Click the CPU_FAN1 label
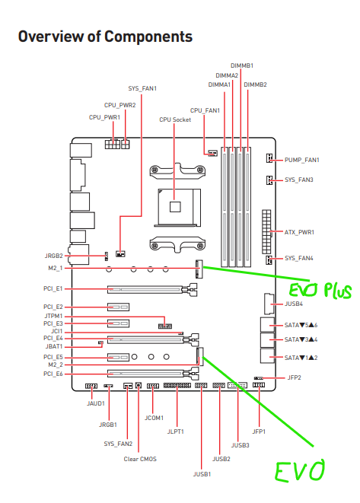pos(205,110)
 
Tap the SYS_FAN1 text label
pos(142,88)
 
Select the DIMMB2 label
pos(256,84)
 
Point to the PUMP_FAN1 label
pos(302,160)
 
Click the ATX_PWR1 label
pos(299,232)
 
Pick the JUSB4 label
pos(294,304)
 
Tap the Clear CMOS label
pos(140,459)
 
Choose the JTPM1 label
pos(53,317)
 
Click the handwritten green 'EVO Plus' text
pos(320,291)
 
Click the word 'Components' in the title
pos(148,37)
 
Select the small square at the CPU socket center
pos(175,206)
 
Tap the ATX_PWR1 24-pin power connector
pos(266,232)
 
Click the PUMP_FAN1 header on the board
pos(269,158)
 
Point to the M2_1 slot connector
pos(199,269)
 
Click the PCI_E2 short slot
pos(118,307)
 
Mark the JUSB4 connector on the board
pos(269,304)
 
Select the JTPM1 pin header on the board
pos(165,326)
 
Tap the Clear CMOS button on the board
pos(139,385)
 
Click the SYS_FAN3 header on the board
pos(269,180)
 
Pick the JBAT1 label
pos(54,347)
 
